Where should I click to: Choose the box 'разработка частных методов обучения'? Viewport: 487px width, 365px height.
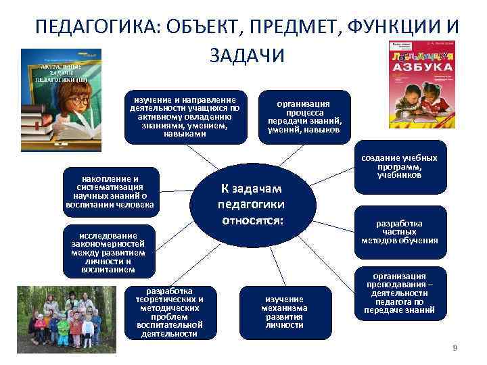coord(399,232)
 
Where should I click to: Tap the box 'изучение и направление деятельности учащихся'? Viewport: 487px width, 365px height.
coord(185,116)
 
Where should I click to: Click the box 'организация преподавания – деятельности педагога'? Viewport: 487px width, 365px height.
coord(399,295)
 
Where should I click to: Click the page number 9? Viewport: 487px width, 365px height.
coord(455,347)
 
